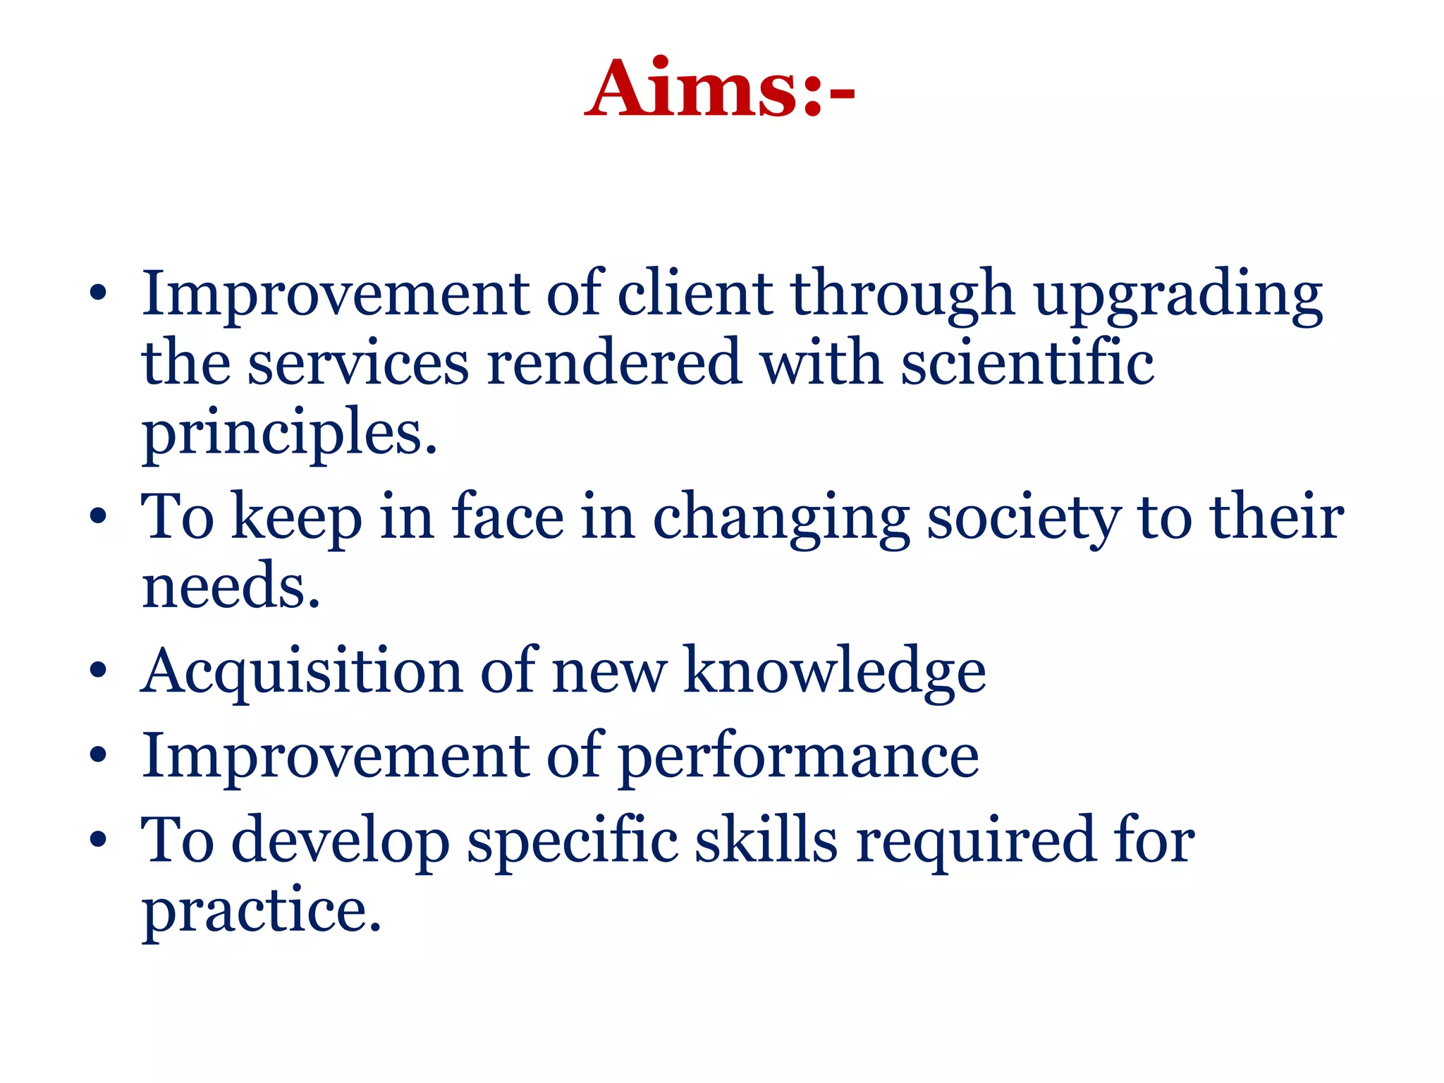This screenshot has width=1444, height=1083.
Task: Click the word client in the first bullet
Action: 695,294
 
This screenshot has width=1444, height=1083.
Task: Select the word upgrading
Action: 1178,296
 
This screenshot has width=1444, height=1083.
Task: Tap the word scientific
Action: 1027,363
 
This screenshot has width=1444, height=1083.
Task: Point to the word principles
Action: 289,434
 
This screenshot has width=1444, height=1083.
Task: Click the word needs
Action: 231,587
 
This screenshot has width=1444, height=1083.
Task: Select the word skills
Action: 766,840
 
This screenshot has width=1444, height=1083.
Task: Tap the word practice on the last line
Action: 261,911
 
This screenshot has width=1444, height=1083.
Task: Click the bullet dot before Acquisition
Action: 99,671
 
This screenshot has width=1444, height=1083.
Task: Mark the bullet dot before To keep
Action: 99,516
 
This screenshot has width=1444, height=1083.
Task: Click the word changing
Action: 781,520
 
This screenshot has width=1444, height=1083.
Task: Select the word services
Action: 358,363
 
